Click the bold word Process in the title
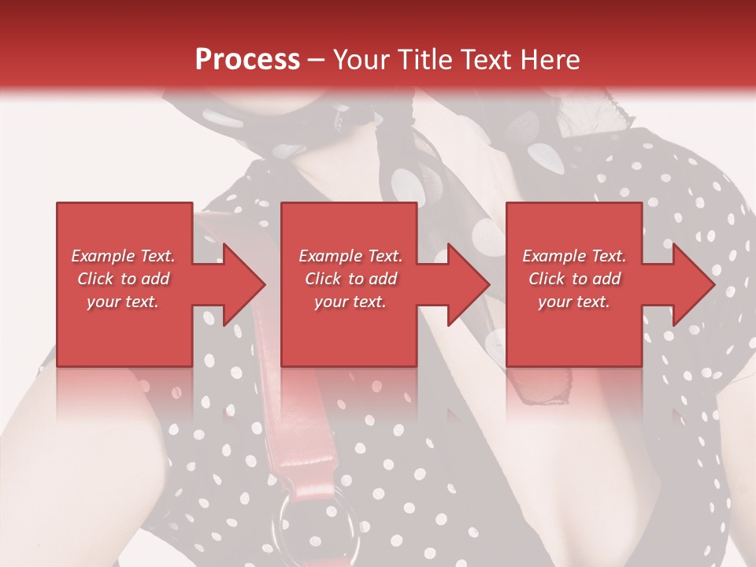(247, 60)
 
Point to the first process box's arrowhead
(240, 284)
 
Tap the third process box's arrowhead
(690, 284)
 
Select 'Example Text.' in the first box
(123, 256)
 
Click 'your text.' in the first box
(123, 302)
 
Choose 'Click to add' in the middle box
(350, 279)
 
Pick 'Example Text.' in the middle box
(350, 256)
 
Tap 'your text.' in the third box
(574, 302)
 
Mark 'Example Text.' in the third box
(574, 256)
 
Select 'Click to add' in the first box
(123, 279)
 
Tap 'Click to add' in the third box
(574, 279)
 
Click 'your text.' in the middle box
(350, 302)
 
